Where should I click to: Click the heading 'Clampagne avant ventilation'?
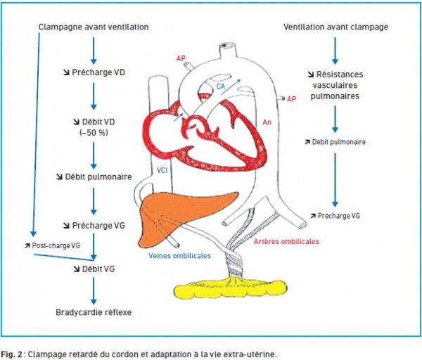[94, 27]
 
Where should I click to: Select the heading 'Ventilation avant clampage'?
[335, 27]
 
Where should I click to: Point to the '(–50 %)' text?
[94, 133]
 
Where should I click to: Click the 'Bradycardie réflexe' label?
[94, 312]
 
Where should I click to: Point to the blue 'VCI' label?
[162, 170]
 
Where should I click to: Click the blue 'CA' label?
[221, 86]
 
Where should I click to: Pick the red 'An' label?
[267, 122]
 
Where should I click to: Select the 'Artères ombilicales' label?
[286, 241]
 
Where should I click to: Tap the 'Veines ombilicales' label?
[180, 256]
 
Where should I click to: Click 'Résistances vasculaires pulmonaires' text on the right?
[335, 85]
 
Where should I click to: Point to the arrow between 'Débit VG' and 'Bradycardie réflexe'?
[94, 291]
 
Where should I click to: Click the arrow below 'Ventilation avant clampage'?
[335, 51]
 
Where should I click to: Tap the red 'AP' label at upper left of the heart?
[181, 58]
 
